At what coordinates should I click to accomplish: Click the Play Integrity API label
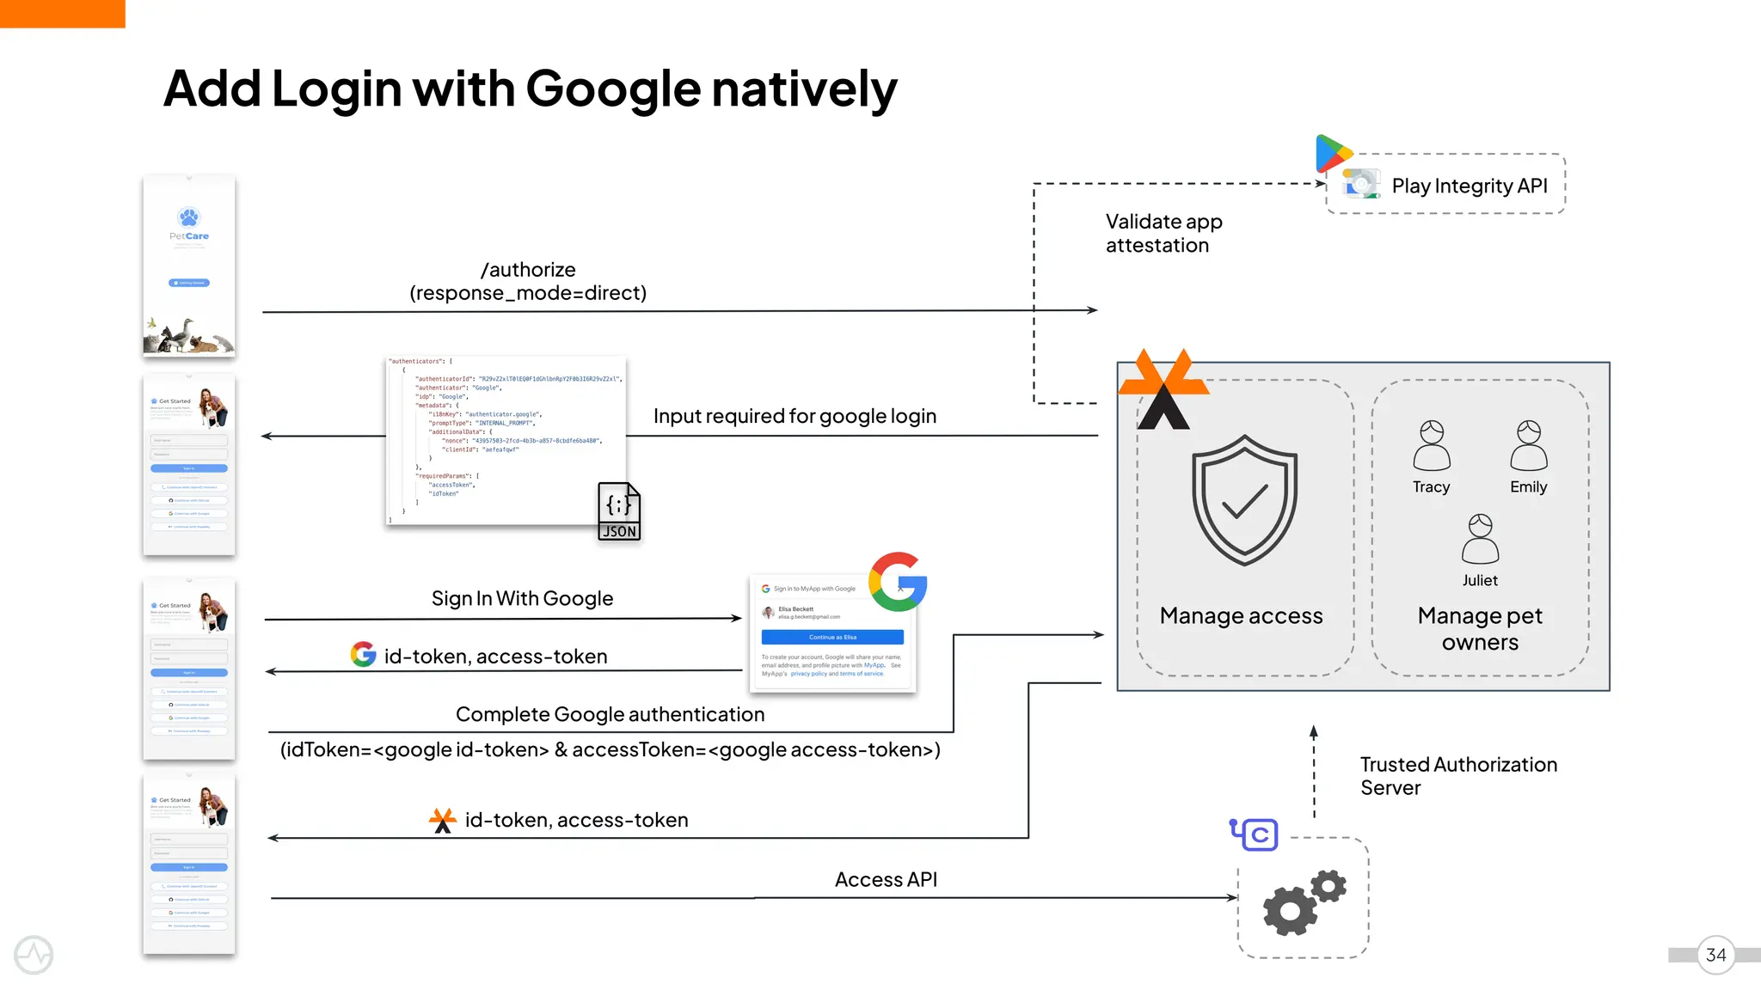pos(1469,186)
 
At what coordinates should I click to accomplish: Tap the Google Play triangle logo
pos(1333,154)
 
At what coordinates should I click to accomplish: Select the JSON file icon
pos(619,511)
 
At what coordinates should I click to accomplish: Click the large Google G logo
pos(898,582)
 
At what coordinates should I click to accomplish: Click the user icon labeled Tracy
pos(1431,445)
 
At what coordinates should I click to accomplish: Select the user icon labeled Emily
pos(1528,445)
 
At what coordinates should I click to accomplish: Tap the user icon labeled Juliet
pos(1480,539)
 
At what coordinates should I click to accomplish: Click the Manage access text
pos(1241,615)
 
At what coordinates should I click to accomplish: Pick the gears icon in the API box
pos(1303,902)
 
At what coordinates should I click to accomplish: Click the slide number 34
pos(1715,955)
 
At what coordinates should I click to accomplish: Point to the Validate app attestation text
pos(1163,233)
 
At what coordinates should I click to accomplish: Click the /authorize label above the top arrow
pos(528,269)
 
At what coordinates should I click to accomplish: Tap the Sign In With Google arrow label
pos(522,598)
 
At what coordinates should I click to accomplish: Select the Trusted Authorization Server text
pos(1457,775)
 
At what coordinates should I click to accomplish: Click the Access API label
pos(886,879)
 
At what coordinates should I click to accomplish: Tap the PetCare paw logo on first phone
pos(188,217)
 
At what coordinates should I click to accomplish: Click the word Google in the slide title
pos(612,89)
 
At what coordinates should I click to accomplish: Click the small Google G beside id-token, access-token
pos(363,655)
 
